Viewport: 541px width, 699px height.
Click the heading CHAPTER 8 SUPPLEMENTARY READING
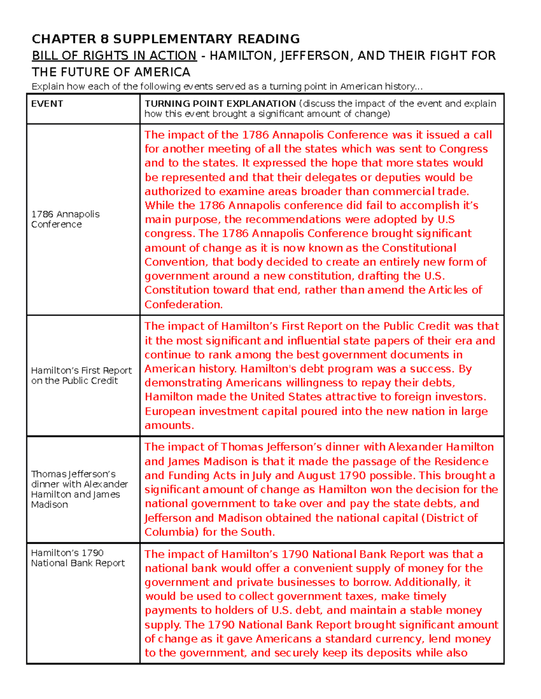tap(165, 39)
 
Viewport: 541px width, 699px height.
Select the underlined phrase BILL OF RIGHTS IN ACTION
tap(114, 56)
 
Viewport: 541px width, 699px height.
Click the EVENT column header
tap(47, 104)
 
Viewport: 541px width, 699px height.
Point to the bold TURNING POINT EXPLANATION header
tap(220, 104)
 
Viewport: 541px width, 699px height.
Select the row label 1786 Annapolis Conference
tap(65, 219)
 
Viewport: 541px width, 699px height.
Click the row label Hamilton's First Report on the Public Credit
tap(81, 375)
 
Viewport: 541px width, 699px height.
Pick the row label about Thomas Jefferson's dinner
tap(79, 489)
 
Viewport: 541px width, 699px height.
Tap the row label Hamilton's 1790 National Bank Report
tap(78, 558)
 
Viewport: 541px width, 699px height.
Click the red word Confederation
tap(183, 304)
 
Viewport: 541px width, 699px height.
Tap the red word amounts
tap(169, 425)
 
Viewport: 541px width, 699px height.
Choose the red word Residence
tap(461, 461)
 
